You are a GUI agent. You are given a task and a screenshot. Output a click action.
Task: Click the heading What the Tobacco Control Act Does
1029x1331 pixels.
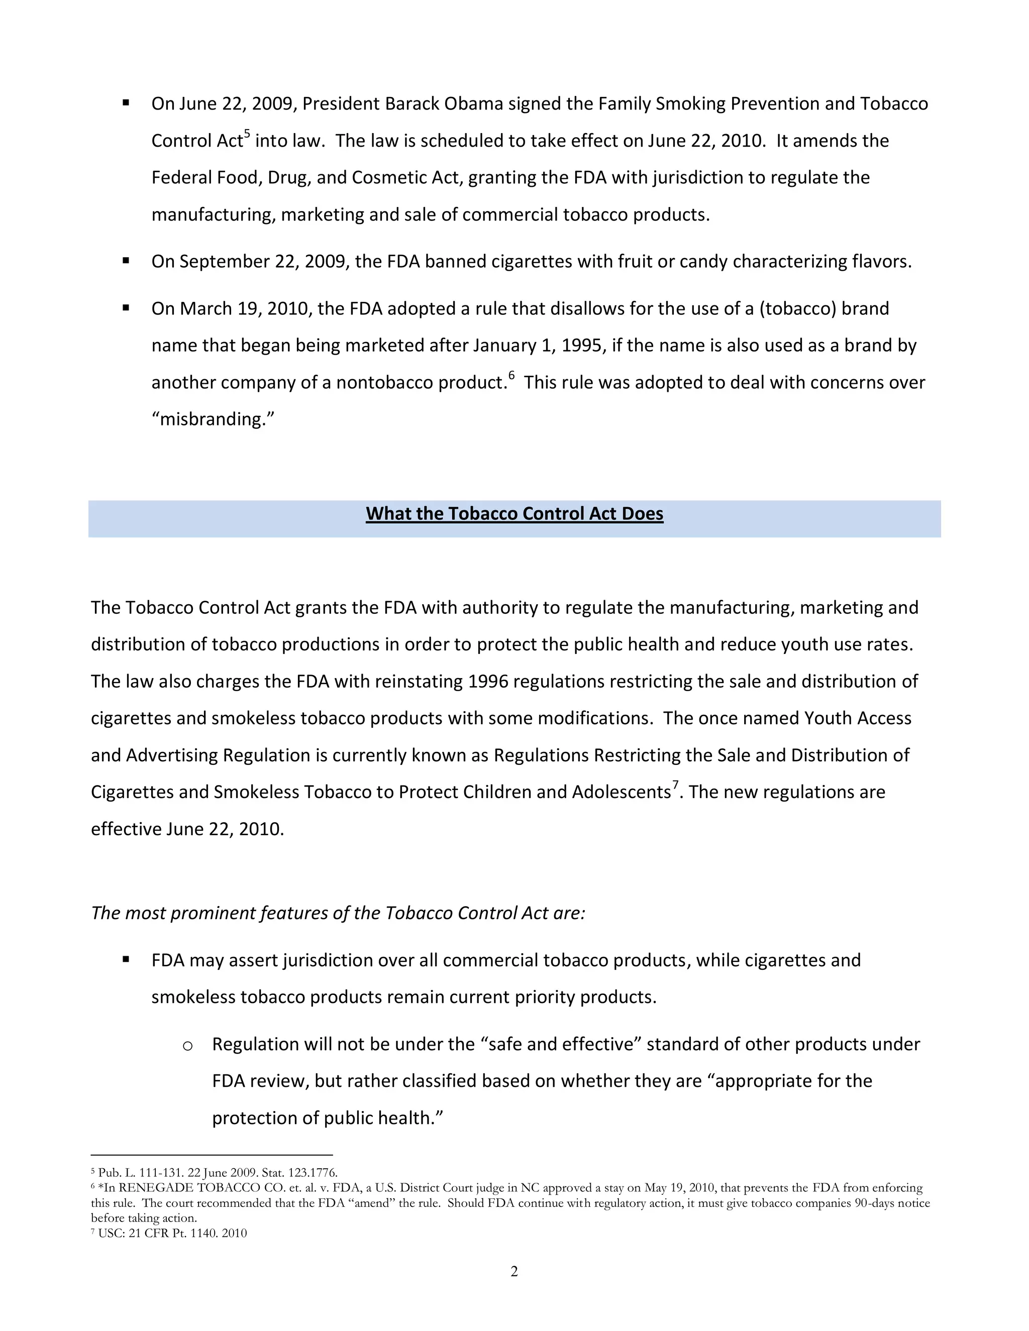click(x=514, y=514)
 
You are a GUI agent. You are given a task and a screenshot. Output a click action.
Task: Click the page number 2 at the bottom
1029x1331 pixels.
click(x=514, y=1271)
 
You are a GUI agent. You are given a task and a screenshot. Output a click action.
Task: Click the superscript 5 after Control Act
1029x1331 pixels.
click(x=247, y=134)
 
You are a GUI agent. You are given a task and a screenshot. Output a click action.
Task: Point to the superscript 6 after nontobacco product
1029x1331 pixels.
click(x=511, y=375)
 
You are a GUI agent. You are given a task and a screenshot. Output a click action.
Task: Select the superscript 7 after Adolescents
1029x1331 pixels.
click(x=675, y=785)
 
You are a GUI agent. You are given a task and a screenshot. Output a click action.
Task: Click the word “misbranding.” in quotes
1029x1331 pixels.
click(x=213, y=419)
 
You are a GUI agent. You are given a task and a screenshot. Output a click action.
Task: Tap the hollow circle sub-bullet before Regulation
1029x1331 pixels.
click(x=188, y=1046)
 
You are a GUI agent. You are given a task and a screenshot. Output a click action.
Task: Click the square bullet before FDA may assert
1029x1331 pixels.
click(x=126, y=959)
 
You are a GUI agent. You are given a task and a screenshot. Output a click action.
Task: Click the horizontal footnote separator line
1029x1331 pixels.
click(x=212, y=1155)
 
